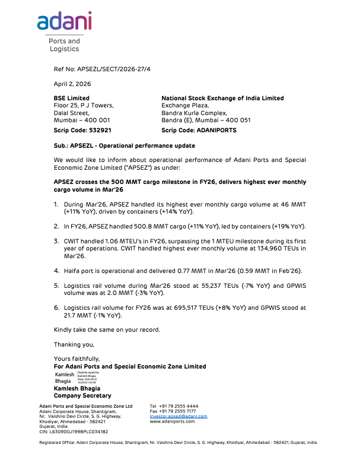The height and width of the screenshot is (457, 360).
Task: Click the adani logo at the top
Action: click(x=64, y=22)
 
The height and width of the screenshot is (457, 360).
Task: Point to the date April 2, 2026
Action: click(x=69, y=84)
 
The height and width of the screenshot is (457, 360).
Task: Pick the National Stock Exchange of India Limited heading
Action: click(x=222, y=98)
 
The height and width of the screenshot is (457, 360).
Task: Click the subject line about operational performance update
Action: click(x=125, y=145)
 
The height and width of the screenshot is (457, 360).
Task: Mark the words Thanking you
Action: click(x=74, y=344)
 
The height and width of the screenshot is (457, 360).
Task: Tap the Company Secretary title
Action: click(x=82, y=395)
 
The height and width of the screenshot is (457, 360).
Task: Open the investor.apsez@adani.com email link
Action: click(x=179, y=416)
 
